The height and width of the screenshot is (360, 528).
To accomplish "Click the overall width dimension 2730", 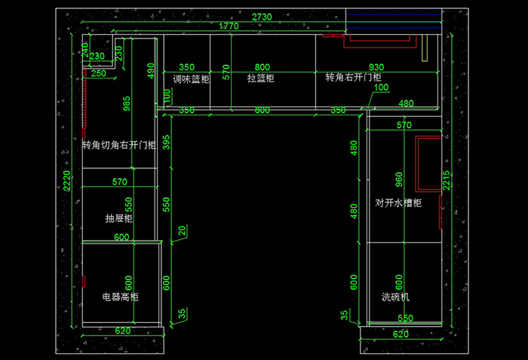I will coord(262,17).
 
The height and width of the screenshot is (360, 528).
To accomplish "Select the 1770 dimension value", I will coord(229,26).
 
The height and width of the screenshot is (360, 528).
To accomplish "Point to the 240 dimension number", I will coord(84,48).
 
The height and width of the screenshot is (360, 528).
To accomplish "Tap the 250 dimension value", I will coord(99,73).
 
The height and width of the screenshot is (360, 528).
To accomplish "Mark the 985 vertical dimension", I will coord(127,103).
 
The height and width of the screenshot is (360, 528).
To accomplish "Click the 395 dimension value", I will coord(167,140).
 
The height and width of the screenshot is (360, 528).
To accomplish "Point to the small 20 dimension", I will coord(181,230).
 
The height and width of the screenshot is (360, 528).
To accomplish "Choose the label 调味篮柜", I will coord(191,78).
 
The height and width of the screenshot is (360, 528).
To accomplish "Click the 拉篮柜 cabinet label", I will coord(260,78).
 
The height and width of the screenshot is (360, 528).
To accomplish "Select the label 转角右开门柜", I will coord(353,77).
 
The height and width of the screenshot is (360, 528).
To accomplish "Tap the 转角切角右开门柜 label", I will coord(119,145).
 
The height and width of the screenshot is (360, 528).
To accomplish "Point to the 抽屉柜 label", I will coord(119,219).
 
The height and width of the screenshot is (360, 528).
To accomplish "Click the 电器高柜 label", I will coord(121,297).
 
